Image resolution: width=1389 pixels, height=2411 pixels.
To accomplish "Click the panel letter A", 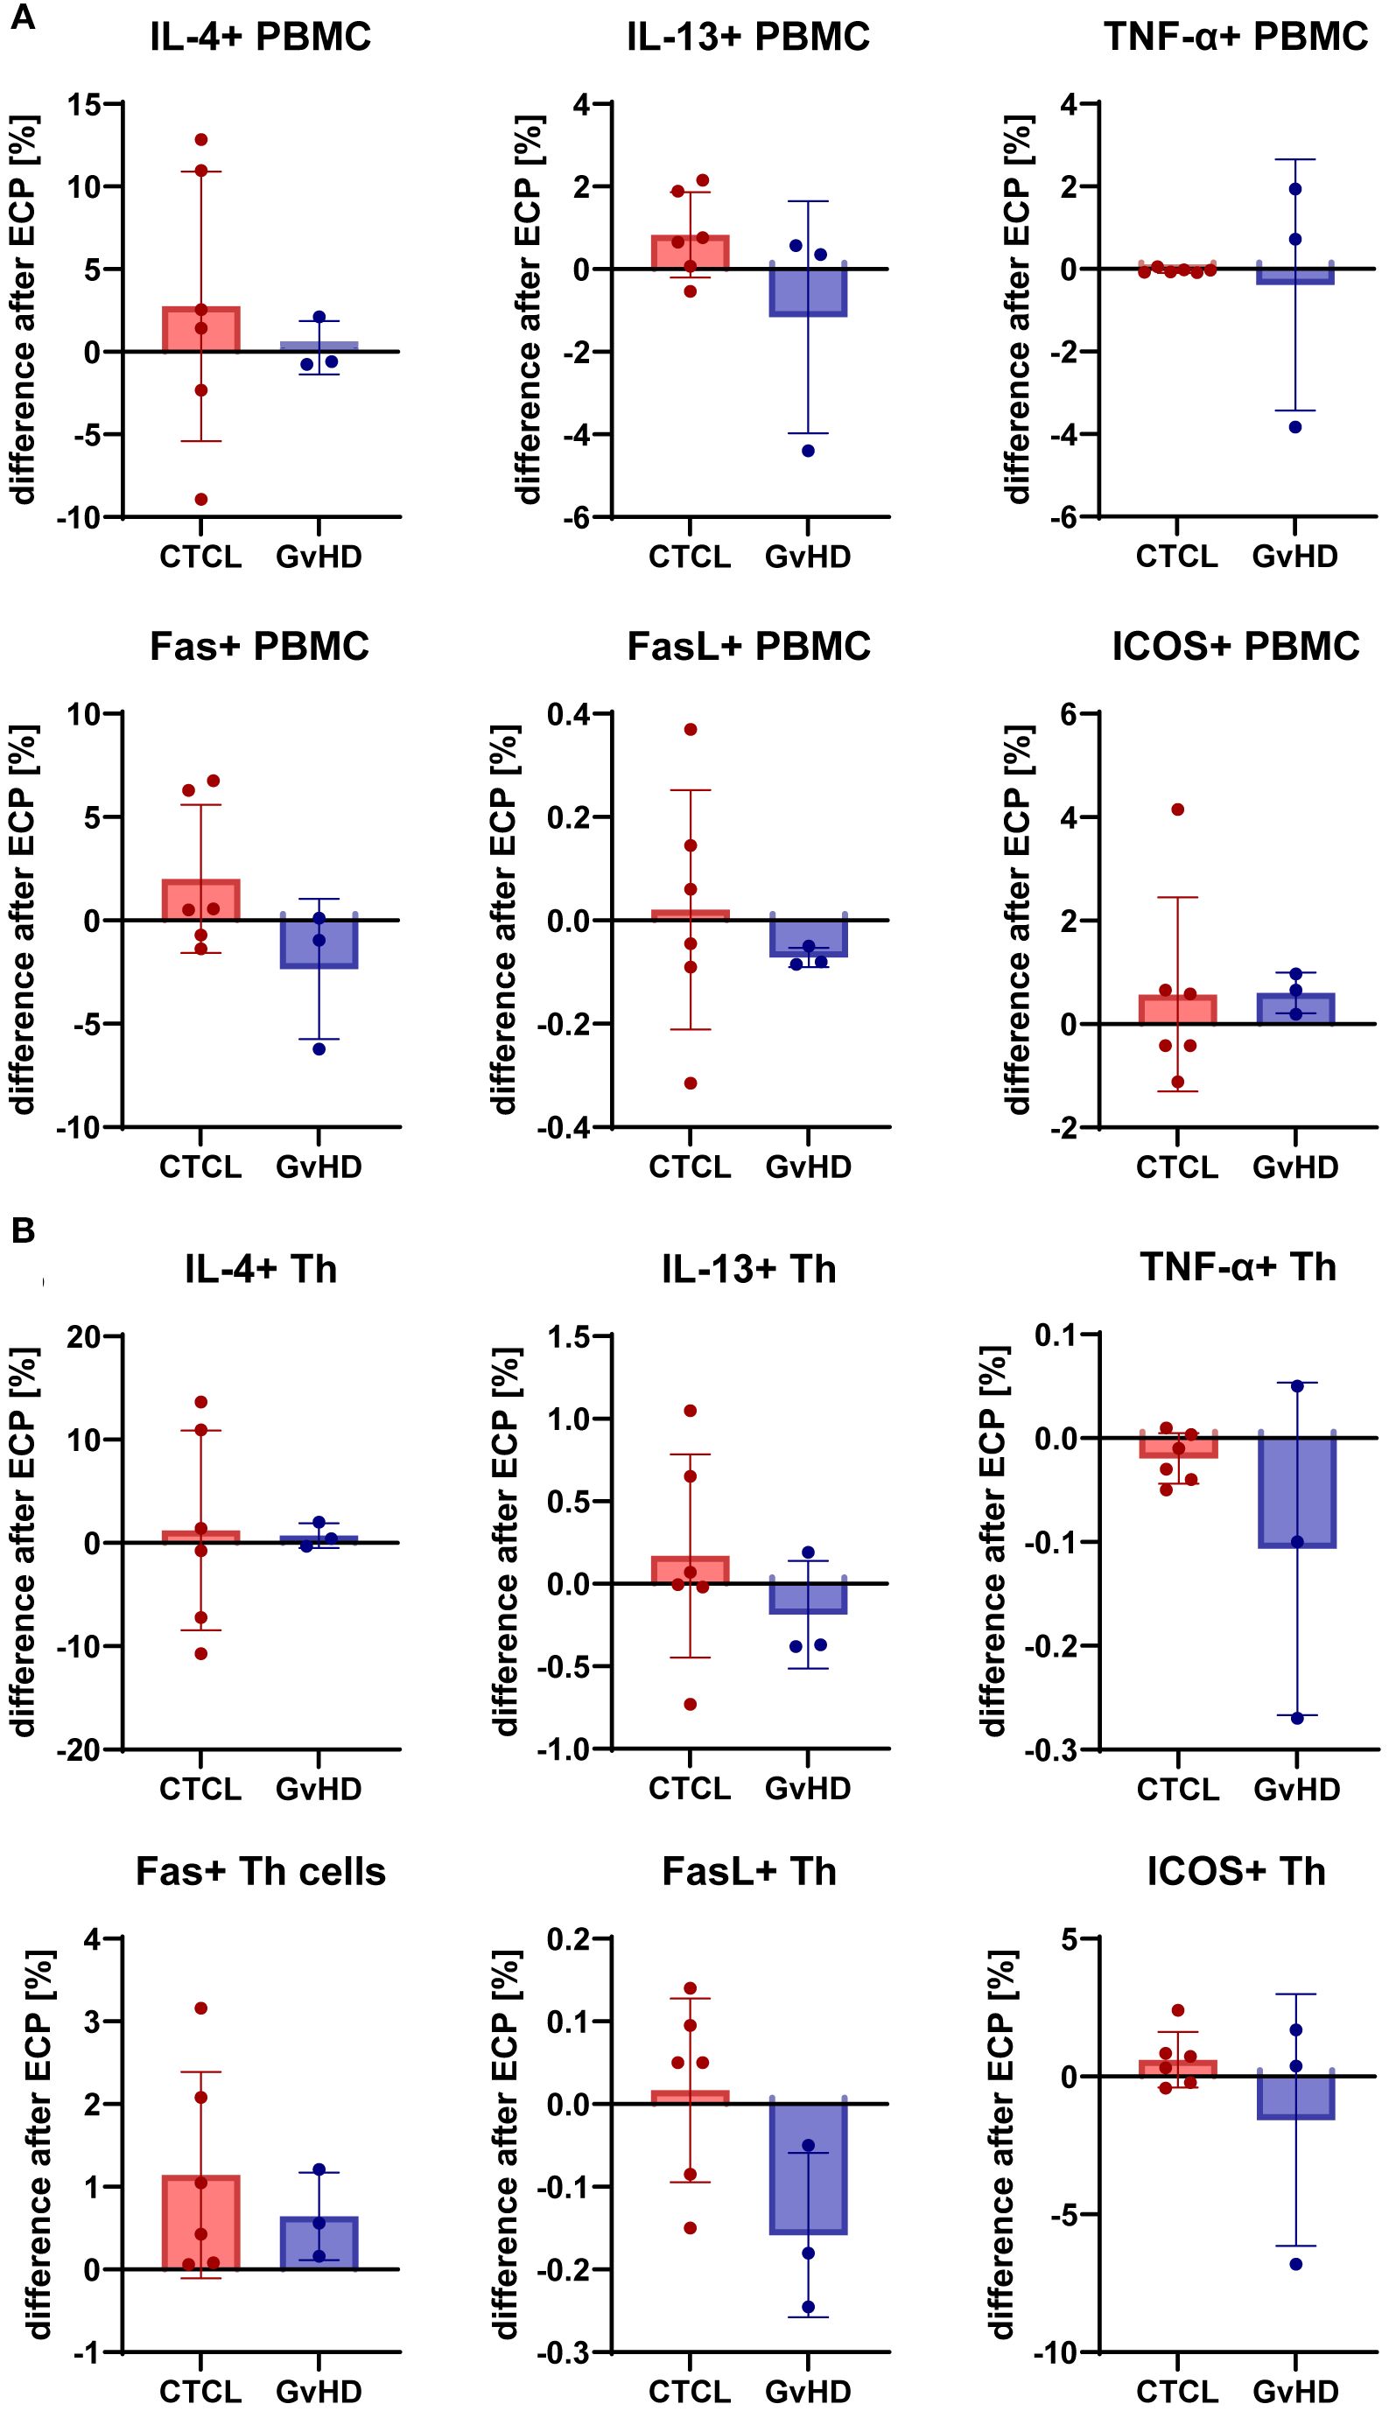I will (x=22, y=18).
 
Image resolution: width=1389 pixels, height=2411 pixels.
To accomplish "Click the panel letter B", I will (x=23, y=1230).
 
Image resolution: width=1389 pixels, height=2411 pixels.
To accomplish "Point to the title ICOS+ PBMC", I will (x=1236, y=647).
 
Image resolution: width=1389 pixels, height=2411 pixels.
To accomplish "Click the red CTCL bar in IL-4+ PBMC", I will (x=201, y=330).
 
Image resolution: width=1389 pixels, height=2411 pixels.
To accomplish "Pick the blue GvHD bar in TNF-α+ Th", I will (x=1296, y=1493).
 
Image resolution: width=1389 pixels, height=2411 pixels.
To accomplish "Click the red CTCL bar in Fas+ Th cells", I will (x=201, y=2222).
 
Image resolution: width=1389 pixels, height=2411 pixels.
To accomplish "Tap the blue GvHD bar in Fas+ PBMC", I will (x=319, y=944).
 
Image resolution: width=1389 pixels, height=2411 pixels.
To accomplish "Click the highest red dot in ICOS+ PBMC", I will (x=1178, y=810).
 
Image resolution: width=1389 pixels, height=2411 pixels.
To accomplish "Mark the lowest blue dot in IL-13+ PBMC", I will (x=808, y=451).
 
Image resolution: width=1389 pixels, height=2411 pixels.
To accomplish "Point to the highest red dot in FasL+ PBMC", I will (x=691, y=730).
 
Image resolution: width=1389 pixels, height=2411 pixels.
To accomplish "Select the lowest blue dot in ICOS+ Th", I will (x=1296, y=2264).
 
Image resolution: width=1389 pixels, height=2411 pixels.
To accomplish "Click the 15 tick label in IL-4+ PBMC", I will (x=83, y=104).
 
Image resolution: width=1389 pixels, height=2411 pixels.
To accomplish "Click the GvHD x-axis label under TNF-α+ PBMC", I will (x=1295, y=557).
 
